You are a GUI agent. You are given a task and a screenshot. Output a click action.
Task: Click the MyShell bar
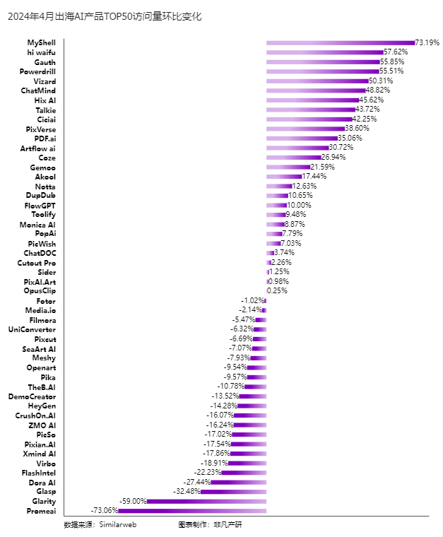341,43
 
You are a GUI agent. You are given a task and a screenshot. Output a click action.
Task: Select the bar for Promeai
192,511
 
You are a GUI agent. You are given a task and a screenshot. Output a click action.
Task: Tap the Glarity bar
206,502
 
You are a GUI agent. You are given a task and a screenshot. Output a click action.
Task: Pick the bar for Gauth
323,62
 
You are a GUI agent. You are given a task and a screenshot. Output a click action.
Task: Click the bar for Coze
294,158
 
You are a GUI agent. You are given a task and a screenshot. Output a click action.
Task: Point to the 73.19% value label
427,42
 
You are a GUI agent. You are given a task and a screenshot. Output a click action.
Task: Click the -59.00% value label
133,501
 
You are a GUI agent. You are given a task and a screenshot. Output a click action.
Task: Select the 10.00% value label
299,205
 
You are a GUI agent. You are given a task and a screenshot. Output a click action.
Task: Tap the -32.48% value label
187,492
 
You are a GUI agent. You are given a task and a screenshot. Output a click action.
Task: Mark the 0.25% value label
277,291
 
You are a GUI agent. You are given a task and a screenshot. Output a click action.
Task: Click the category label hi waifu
42,52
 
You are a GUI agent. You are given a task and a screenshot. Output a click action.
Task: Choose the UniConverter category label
33,329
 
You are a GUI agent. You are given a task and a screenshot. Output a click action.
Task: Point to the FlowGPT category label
40,206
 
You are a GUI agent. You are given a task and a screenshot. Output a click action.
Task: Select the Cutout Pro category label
37,263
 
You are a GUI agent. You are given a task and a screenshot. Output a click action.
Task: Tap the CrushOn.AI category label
35,415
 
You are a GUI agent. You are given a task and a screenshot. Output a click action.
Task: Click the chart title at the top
105,16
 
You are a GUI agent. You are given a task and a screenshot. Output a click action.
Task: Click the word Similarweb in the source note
118,525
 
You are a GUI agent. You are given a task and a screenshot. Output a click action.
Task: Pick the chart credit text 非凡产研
228,525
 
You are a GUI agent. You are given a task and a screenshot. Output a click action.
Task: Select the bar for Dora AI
239,482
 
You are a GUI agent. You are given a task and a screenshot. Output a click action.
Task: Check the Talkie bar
311,110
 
